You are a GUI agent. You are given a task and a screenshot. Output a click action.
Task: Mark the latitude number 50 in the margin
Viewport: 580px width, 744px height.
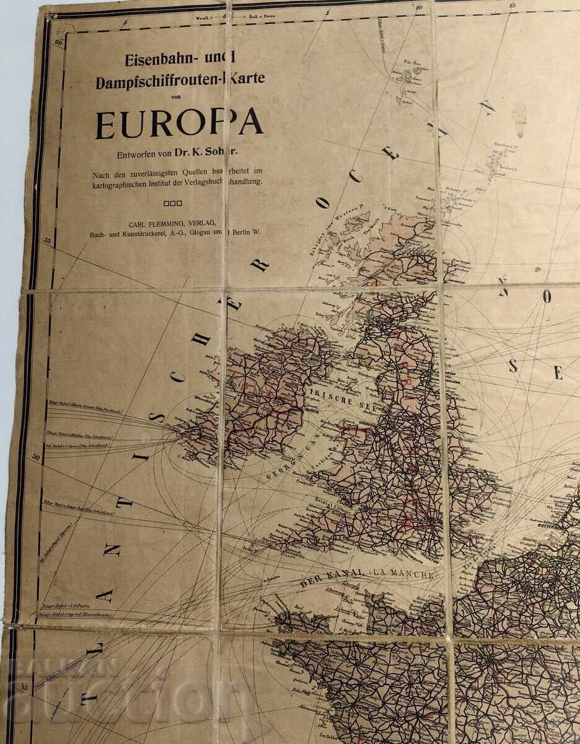[x=35, y=457]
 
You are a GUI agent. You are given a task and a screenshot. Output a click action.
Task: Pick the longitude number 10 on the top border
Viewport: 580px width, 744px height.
[x=420, y=7]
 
